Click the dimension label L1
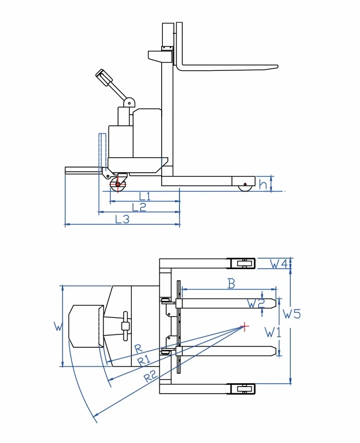coord(145,195)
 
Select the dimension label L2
coord(139,207)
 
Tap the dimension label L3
coord(122,219)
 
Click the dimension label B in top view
coord(232,284)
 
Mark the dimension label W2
coord(255,303)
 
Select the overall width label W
coord(58,326)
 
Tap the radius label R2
coord(150,378)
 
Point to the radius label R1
coord(144,361)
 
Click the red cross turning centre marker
coord(244,326)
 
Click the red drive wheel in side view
coord(117,184)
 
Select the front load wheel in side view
coord(245,186)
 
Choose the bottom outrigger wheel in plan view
coord(243,389)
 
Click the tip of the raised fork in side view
coord(275,67)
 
